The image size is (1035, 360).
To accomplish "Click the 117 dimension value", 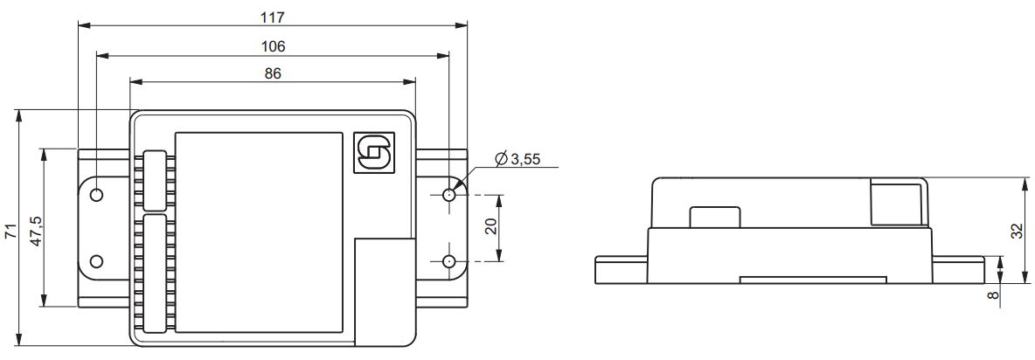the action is (272, 17).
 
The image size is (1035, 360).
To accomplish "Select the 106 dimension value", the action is (273, 46).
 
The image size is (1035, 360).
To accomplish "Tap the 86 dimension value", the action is (273, 73).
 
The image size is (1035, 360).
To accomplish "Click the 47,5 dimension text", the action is (37, 231).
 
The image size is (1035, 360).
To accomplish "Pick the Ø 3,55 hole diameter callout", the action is (517, 159).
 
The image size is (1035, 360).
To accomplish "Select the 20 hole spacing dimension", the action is (490, 227).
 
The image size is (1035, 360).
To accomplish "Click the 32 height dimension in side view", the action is (1018, 230).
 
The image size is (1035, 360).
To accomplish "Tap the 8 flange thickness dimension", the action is (993, 295).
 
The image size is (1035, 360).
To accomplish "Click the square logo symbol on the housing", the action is (373, 154).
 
